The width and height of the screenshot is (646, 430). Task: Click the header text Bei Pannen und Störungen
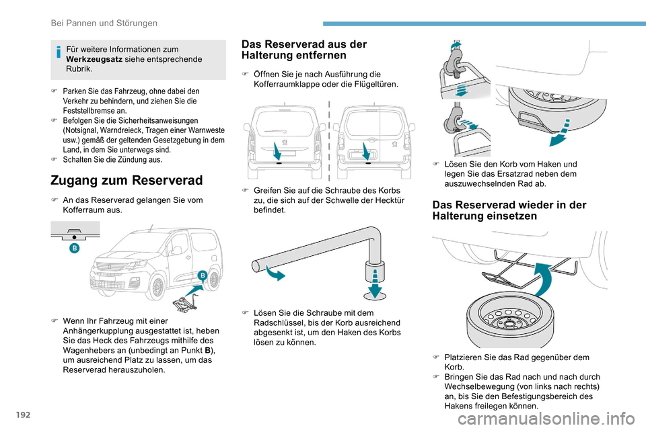coord(104,23)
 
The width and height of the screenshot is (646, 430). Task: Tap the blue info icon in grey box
coord(59,49)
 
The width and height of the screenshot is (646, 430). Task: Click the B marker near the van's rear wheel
coord(201,277)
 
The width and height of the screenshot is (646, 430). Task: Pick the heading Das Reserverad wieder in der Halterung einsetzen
coord(508,210)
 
